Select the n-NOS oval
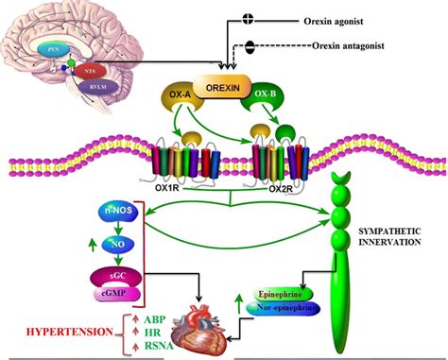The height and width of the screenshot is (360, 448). click(117, 214)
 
